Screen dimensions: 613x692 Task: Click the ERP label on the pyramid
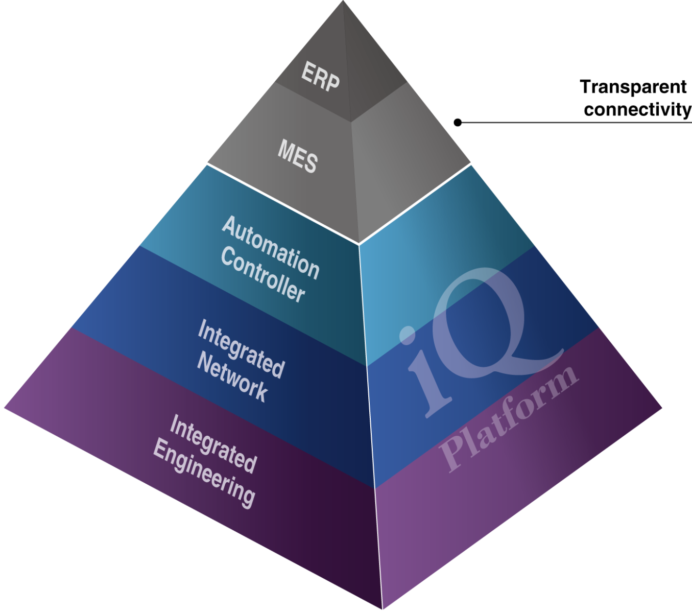pyautogui.click(x=320, y=76)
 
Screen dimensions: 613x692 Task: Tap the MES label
pyautogui.click(x=298, y=156)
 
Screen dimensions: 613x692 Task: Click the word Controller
pyautogui.click(x=263, y=275)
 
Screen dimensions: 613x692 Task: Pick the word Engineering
pyautogui.click(x=204, y=473)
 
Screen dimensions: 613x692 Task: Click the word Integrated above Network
pyautogui.click(x=241, y=348)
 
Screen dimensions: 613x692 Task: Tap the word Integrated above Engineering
pyautogui.click(x=213, y=443)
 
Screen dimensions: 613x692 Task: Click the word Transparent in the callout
pyautogui.click(x=633, y=87)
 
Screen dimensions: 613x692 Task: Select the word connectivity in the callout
pyautogui.click(x=637, y=109)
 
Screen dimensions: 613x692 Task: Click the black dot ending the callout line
pyautogui.click(x=458, y=123)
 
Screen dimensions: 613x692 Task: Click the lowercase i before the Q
pyautogui.click(x=421, y=373)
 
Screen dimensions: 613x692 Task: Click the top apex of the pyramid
pyautogui.click(x=343, y=2)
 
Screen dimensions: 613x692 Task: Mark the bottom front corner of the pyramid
pyautogui.click(x=382, y=608)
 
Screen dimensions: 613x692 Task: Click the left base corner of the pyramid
pyautogui.click(x=5, y=408)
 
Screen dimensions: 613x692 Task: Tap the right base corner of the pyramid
pyautogui.click(x=661, y=408)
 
